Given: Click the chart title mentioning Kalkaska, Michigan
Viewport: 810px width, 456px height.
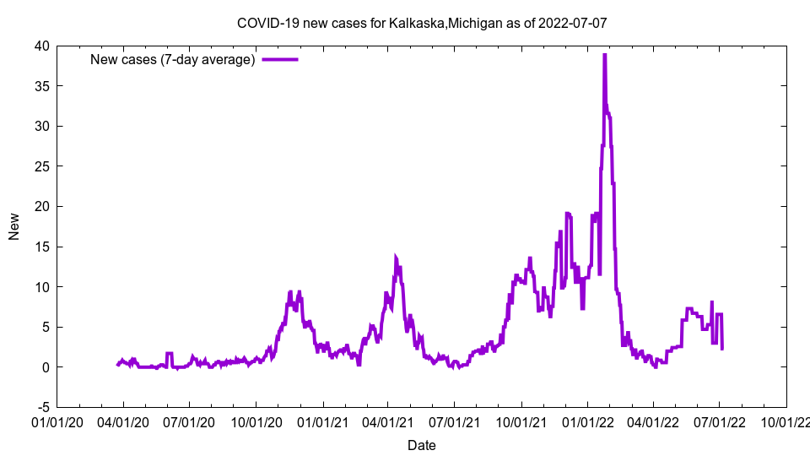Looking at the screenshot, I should point(421,24).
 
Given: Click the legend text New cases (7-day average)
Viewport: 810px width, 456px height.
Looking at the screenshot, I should point(173,59).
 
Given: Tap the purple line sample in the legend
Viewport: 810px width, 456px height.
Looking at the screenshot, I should point(280,59).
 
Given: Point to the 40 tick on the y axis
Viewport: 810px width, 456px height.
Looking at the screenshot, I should point(41,46).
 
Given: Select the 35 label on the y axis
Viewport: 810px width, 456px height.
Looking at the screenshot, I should point(41,86).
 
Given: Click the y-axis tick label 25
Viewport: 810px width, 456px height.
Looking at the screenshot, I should point(41,166).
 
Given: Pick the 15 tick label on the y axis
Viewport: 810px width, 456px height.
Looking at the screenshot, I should point(41,247).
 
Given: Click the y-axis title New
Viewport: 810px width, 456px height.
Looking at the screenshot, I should point(14,226).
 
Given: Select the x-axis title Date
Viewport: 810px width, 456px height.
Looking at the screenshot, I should point(422,445).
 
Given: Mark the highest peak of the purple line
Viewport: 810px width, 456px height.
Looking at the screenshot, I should point(604,55).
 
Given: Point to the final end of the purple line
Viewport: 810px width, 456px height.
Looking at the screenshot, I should point(722,348).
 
